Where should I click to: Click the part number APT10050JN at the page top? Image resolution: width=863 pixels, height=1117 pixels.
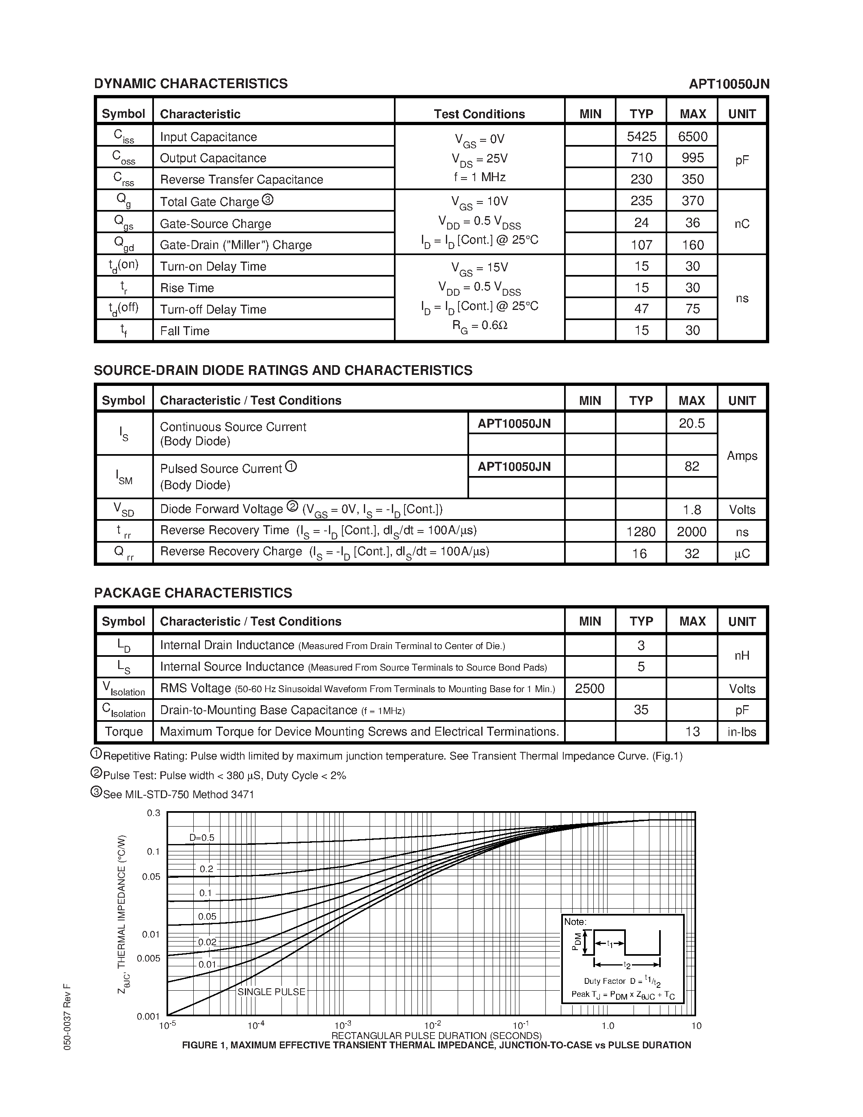729,84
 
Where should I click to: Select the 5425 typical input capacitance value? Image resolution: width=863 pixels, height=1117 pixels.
641,136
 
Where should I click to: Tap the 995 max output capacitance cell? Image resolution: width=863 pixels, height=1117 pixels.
692,158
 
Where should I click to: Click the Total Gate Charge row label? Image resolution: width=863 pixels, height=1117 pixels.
210,202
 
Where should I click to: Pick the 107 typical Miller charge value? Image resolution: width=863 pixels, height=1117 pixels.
641,245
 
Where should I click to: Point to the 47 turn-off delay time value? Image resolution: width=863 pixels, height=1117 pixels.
641,309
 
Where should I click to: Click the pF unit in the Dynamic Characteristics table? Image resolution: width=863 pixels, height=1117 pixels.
742,160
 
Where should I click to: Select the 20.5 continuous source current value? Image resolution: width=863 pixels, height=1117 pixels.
692,424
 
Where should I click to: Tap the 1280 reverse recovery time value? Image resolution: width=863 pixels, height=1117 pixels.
640,532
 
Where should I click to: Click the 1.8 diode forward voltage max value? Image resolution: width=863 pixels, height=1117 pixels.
692,510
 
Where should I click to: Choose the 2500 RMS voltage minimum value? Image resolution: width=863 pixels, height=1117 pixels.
589,689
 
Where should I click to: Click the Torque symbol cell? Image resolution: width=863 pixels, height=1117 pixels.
124,732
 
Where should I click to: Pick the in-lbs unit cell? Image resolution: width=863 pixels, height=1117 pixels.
742,732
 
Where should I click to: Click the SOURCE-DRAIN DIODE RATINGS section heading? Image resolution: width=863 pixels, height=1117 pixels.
283,370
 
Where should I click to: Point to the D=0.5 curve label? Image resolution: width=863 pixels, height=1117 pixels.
202,838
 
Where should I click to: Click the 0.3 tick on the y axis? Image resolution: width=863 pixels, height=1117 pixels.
154,813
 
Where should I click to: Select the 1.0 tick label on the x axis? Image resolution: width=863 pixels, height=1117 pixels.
608,1026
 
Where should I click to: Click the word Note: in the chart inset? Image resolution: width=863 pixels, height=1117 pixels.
575,922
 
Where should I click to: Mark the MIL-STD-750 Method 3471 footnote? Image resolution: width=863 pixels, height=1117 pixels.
178,794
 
